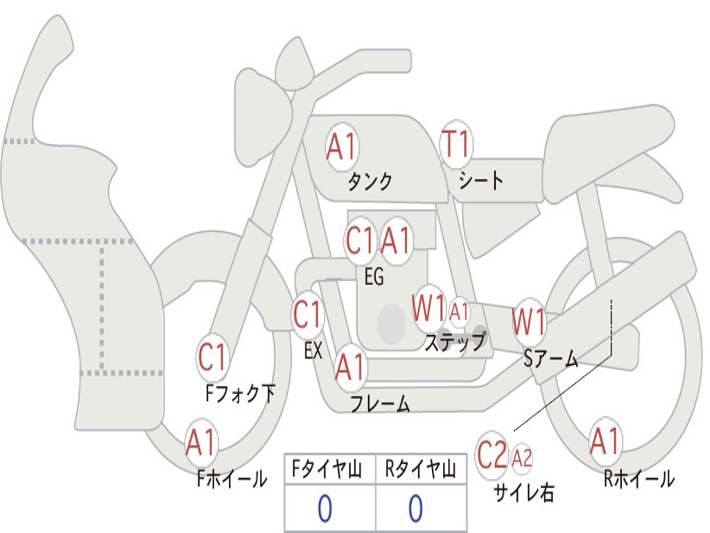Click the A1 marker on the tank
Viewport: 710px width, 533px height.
pyautogui.click(x=343, y=147)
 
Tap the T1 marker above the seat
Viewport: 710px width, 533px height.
pyautogui.click(x=456, y=144)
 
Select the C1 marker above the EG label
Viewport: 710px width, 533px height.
pyautogui.click(x=360, y=240)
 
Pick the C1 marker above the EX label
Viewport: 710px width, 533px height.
pyautogui.click(x=307, y=314)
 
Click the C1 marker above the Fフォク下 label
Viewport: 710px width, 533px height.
pyautogui.click(x=212, y=357)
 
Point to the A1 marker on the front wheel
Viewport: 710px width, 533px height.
pyautogui.click(x=201, y=442)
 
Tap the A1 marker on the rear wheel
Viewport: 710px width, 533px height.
pyautogui.click(x=605, y=441)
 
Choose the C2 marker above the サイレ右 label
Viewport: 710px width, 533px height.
pyautogui.click(x=492, y=455)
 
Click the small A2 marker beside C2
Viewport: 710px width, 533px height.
pyautogui.click(x=521, y=458)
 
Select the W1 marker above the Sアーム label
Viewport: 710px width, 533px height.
pyautogui.click(x=529, y=322)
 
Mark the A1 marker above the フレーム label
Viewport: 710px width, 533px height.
pyautogui.click(x=350, y=366)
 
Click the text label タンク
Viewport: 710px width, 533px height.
pyautogui.click(x=370, y=181)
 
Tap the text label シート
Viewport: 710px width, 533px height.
pyautogui.click(x=480, y=180)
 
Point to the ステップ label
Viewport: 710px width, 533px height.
pyautogui.click(x=455, y=341)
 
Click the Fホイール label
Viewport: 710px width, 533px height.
pyautogui.click(x=232, y=478)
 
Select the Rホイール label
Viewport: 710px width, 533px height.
pyautogui.click(x=639, y=478)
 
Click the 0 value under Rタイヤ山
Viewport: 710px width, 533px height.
pyautogui.click(x=416, y=508)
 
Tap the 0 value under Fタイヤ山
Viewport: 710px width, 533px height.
pyautogui.click(x=324, y=508)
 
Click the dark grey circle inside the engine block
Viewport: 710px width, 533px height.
pyautogui.click(x=392, y=323)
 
